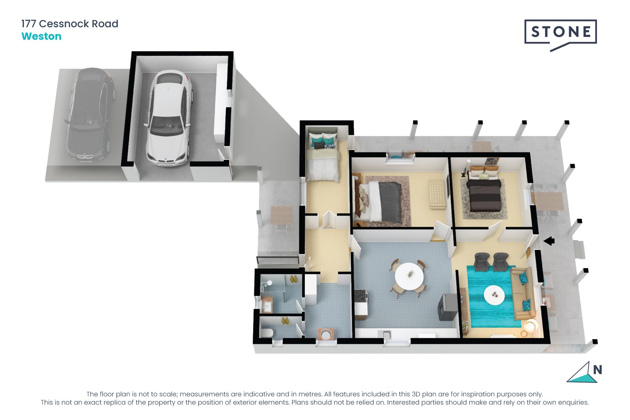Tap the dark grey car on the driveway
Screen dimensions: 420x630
click(90, 115)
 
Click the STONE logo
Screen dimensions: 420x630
click(560, 32)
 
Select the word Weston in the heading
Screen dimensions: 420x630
click(41, 36)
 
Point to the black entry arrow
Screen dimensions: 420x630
click(549, 241)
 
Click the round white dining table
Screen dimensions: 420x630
click(409, 276)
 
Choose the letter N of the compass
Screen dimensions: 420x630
click(597, 370)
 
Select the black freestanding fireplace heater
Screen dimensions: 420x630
click(447, 307)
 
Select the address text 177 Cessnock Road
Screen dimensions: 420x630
click(70, 24)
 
